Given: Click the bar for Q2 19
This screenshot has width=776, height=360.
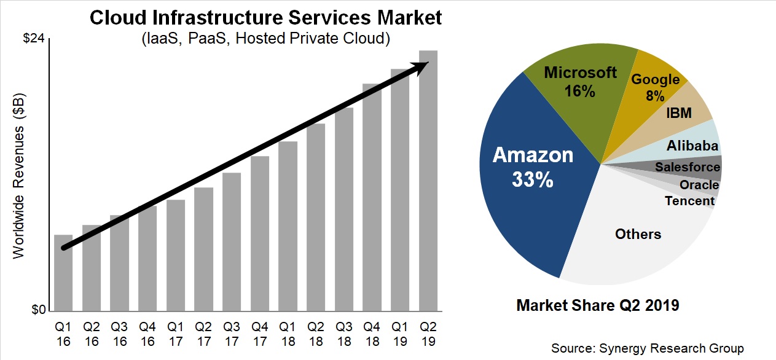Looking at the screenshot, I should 428,184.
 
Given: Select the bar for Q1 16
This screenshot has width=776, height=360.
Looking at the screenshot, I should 63,273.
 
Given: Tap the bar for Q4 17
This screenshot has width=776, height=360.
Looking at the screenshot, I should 260,233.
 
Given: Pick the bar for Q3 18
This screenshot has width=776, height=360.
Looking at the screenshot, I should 344,209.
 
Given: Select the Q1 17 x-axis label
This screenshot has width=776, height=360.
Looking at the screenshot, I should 176,332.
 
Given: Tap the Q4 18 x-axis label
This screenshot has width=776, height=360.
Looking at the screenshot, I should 372,332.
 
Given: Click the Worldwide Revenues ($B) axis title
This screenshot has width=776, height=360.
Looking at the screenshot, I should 19,176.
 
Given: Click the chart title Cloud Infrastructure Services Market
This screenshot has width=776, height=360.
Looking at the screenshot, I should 266,17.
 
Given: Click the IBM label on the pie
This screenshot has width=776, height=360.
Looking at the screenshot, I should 679,113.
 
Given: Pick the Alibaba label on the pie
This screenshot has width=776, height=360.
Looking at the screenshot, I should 692,146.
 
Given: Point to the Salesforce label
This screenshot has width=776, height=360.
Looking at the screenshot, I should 687,167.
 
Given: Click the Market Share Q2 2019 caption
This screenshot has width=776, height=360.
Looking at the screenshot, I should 598,305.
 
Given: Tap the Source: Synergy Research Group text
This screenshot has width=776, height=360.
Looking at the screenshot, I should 647,348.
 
